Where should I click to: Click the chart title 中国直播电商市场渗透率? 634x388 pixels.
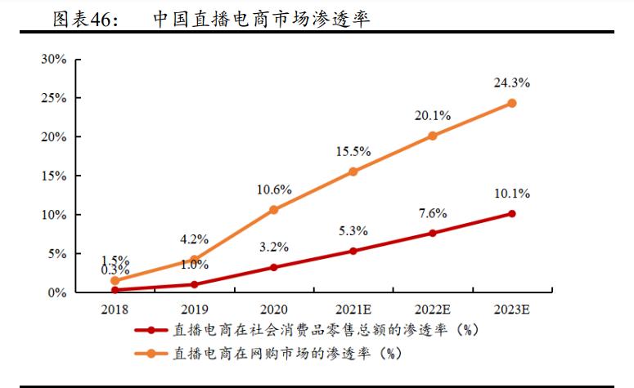click(261, 19)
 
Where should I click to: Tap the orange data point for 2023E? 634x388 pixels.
click(511, 103)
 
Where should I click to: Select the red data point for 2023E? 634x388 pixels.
click(511, 214)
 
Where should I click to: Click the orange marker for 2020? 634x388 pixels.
click(273, 210)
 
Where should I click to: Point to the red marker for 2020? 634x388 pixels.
click(273, 267)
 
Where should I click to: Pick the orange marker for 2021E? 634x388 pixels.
click(353, 172)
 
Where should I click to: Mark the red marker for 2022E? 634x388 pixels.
click(432, 233)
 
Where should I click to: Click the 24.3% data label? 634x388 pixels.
click(511, 83)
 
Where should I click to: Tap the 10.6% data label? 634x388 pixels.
click(273, 190)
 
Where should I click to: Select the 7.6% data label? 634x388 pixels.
click(432, 213)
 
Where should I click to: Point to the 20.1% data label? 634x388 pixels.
click(432, 116)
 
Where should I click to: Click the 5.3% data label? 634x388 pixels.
click(353, 231)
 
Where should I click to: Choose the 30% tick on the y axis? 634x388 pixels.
click(54, 60)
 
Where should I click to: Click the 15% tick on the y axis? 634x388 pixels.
click(54, 176)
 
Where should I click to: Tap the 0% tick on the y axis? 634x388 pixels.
click(57, 292)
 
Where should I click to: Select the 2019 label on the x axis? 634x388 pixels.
click(194, 310)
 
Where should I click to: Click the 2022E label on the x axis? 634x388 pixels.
click(432, 310)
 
